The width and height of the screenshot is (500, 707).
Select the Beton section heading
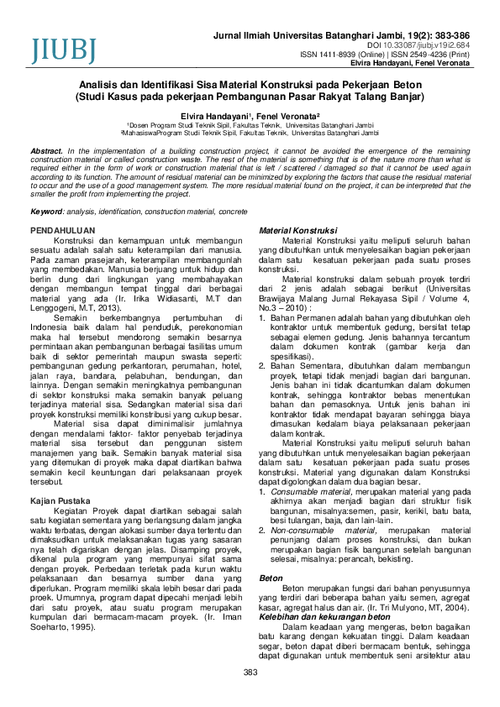pyautogui.click(x=271, y=579)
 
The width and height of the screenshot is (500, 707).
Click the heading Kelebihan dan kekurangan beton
pyautogui.click(x=314, y=617)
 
